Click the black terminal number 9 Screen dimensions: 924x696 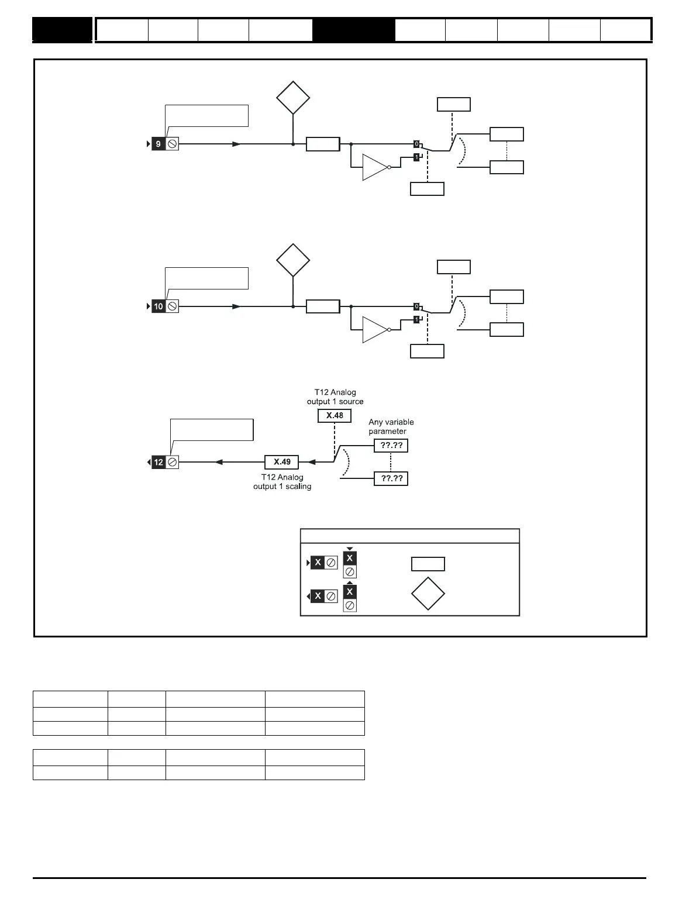click(158, 144)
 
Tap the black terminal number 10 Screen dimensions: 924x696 click(158, 306)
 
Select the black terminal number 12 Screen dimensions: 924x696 click(159, 462)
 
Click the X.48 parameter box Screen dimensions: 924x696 click(335, 415)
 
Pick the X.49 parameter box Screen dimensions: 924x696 click(282, 462)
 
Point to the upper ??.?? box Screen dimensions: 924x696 click(391, 446)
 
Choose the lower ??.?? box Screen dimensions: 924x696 click(391, 478)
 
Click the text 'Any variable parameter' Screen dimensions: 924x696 click(391, 426)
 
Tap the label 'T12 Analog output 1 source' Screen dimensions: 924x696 click(335, 397)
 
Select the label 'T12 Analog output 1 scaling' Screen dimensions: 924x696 click(282, 481)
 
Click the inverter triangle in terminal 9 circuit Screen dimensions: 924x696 click(374, 167)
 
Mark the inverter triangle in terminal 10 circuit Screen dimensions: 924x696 click(374, 330)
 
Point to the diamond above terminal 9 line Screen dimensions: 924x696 click(293, 98)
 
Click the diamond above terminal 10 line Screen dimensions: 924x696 click(293, 260)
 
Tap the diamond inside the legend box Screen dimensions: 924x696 click(428, 594)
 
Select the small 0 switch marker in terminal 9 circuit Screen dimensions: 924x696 click(416, 144)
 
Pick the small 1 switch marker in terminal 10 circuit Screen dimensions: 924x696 click(416, 320)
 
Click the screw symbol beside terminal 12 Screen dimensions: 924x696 click(173, 462)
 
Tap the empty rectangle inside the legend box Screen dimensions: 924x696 click(428, 564)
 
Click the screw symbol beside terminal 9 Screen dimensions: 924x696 click(173, 144)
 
